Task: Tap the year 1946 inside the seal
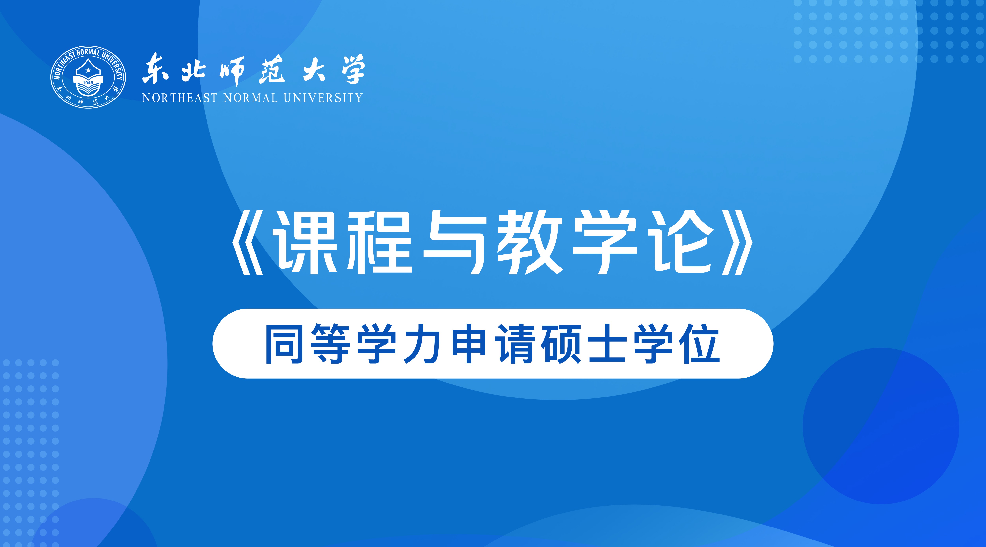(88, 83)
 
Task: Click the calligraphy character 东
(156, 69)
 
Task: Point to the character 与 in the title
(454, 242)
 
